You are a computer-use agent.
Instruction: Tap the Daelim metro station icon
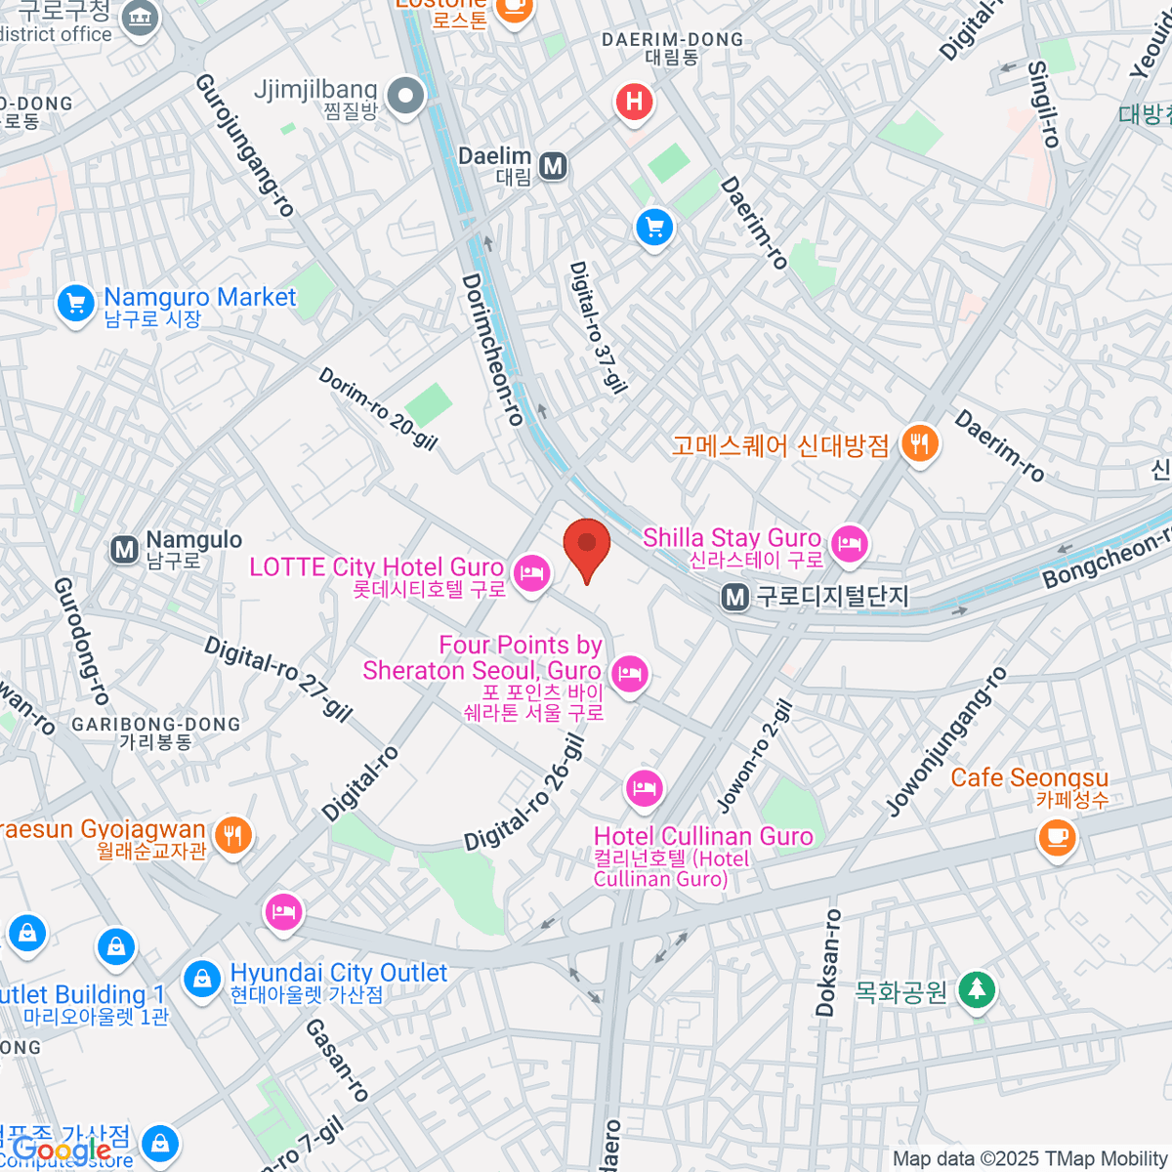(554, 166)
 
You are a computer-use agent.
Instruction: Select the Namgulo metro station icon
(124, 550)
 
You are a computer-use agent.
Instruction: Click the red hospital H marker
(634, 101)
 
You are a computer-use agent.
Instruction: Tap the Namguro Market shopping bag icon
(75, 303)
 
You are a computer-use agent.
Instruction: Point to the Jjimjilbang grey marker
(405, 96)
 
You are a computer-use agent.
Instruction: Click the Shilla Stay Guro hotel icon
(849, 542)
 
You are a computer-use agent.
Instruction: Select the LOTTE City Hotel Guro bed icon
(530, 571)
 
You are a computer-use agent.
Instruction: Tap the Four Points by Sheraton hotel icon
(630, 673)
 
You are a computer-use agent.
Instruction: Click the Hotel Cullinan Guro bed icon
(644, 786)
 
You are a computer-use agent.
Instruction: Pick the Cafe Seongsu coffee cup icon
(1056, 836)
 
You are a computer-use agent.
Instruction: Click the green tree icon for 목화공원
(976, 990)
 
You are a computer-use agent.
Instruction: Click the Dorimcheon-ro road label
(492, 349)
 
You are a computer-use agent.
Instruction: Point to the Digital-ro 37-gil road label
(598, 327)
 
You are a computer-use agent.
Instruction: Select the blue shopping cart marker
(654, 229)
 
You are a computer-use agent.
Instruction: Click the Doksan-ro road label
(828, 963)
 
